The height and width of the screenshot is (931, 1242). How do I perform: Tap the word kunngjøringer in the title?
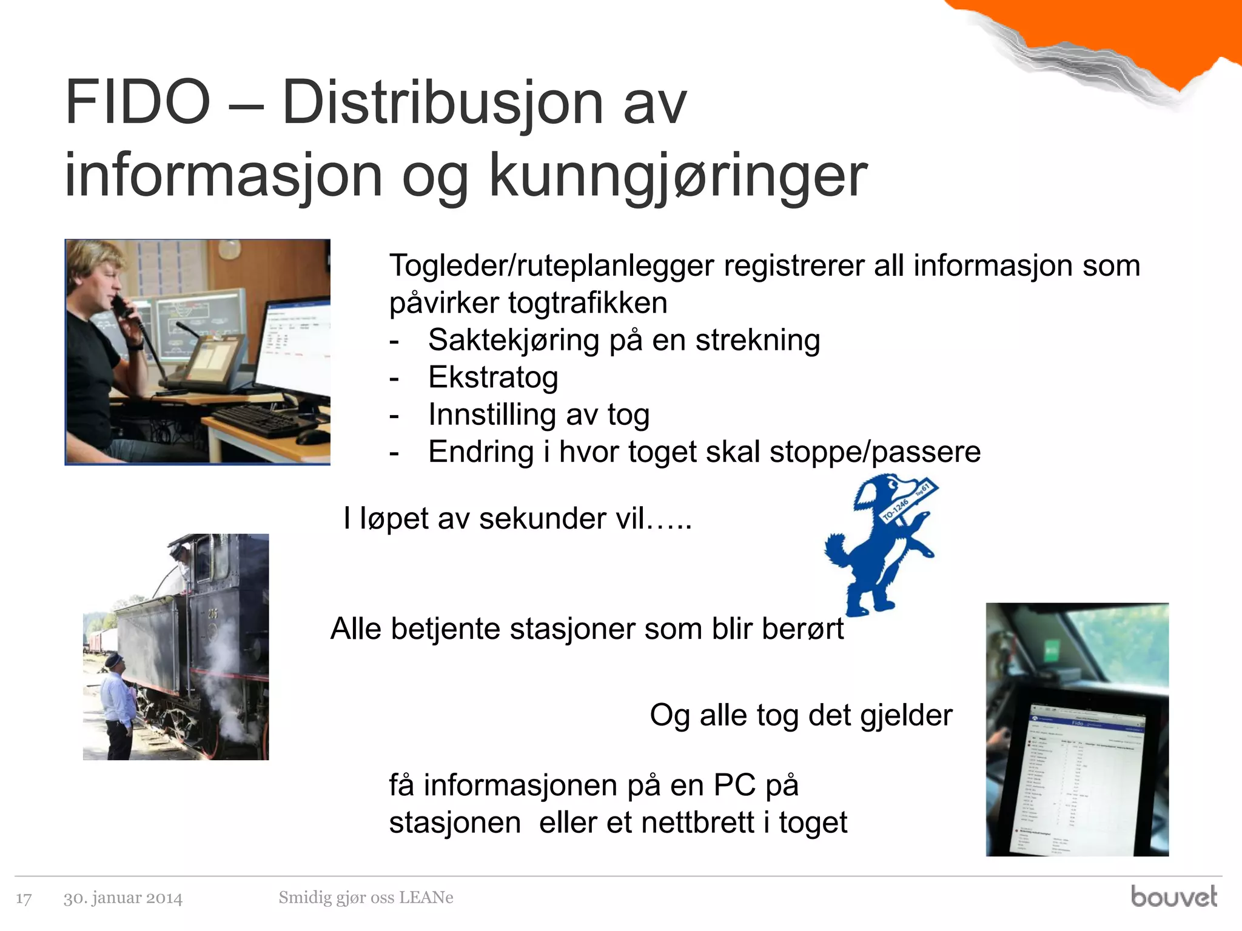click(678, 176)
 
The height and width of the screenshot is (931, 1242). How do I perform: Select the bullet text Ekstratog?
click(492, 377)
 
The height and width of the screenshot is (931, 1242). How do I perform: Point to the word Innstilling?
click(492, 415)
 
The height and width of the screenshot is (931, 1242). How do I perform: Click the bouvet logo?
click(1173, 896)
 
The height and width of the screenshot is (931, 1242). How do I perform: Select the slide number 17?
click(24, 898)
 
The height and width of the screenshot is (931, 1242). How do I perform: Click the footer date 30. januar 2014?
click(123, 898)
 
